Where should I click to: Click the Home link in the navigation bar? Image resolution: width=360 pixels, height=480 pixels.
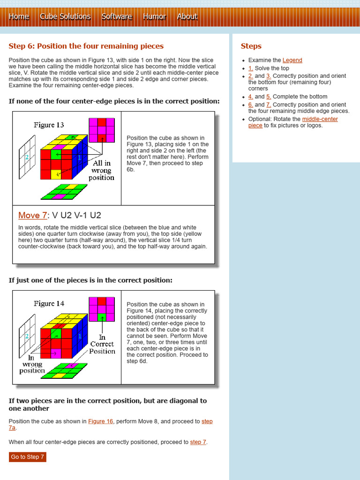(19, 17)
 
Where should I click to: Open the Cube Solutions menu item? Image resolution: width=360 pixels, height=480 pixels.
(65, 17)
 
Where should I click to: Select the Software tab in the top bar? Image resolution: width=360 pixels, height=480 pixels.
(117, 17)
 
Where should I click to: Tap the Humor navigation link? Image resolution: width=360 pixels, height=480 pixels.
(154, 17)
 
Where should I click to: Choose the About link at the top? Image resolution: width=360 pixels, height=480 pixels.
(187, 17)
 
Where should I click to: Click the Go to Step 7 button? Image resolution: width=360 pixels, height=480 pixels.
(28, 457)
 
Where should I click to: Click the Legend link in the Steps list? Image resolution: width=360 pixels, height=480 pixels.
(292, 60)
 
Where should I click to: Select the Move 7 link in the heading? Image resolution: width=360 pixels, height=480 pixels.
(32, 216)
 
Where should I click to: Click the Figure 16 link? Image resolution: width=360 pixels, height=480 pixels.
(101, 421)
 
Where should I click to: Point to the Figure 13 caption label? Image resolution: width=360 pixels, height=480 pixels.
(49, 125)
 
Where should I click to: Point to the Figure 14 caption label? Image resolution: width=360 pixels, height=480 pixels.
(49, 304)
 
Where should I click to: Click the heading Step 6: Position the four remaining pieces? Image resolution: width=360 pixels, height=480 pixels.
(86, 46)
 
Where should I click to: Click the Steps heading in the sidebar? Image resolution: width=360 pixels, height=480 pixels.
(251, 46)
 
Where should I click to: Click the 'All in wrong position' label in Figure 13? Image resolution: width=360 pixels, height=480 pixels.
(102, 170)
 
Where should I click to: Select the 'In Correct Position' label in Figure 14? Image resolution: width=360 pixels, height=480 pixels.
(102, 344)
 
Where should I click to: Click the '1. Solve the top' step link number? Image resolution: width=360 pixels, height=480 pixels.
(251, 68)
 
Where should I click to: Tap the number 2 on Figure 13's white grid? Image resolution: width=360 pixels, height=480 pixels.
(27, 157)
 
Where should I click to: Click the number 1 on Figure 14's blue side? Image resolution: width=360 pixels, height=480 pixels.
(80, 336)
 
